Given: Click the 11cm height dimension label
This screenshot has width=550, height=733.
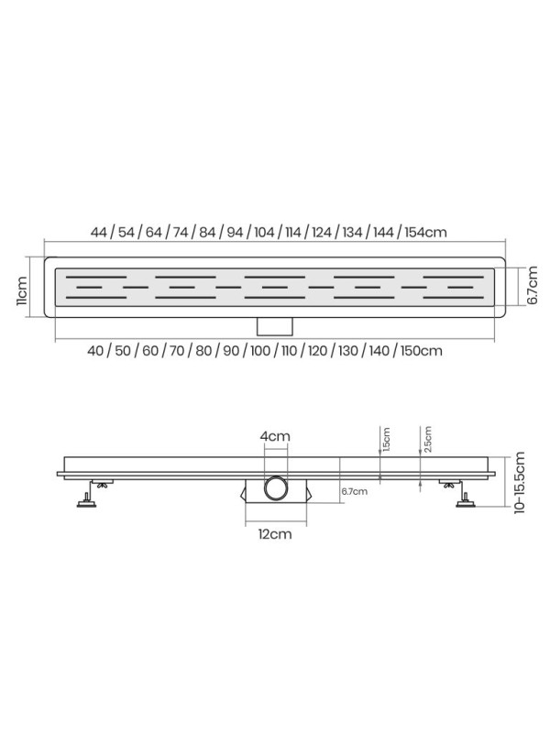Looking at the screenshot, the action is tap(21, 290).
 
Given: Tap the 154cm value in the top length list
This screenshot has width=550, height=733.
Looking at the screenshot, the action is tap(425, 232).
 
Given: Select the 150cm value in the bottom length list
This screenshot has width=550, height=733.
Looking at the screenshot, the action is tap(422, 351).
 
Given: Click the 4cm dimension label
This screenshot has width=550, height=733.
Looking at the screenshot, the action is tap(275, 436).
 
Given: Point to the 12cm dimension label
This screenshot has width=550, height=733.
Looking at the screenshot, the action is tap(275, 534).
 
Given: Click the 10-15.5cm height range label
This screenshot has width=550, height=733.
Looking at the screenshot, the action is tap(520, 483).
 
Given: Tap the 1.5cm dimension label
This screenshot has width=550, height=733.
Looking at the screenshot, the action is tap(386, 440).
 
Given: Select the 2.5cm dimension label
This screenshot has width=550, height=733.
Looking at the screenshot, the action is tap(427, 439).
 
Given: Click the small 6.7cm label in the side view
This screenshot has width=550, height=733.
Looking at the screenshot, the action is tap(354, 491).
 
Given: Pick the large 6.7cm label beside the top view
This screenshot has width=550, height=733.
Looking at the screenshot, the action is tap(533, 286).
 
